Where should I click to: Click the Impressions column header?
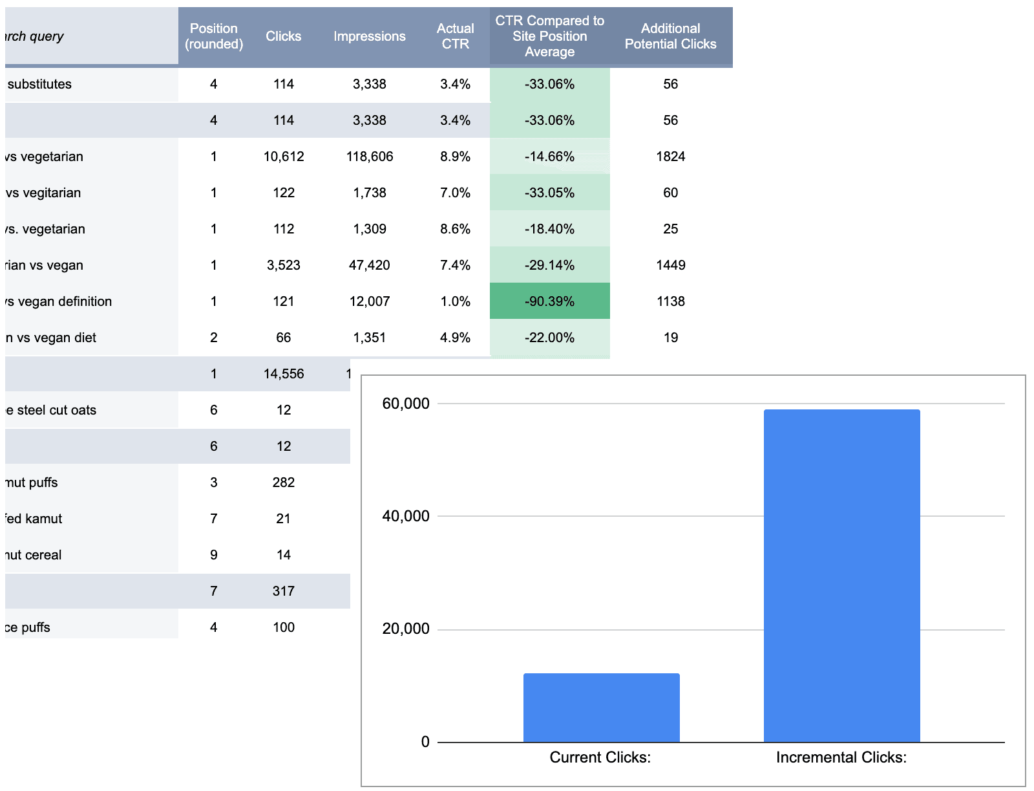tap(369, 36)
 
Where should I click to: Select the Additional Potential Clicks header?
tap(670, 36)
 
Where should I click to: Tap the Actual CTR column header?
tap(455, 36)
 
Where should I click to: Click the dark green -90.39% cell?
tap(549, 301)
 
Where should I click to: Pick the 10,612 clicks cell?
tap(284, 157)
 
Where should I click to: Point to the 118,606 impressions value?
tap(369, 157)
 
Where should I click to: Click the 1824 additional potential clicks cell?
tap(670, 157)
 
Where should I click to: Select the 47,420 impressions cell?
tap(369, 265)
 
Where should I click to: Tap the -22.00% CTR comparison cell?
tap(549, 338)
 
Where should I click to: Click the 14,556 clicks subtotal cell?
tap(284, 374)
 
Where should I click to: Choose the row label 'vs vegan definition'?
tap(58, 301)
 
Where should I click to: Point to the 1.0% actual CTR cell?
tap(455, 301)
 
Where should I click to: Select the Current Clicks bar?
tap(601, 708)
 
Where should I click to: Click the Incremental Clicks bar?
tap(841, 576)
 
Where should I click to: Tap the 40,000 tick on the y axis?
tap(406, 516)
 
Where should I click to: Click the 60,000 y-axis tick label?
tap(406, 404)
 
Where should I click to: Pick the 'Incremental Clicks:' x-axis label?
tap(841, 757)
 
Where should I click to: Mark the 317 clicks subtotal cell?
tap(284, 591)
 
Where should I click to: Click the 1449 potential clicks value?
tap(670, 265)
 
